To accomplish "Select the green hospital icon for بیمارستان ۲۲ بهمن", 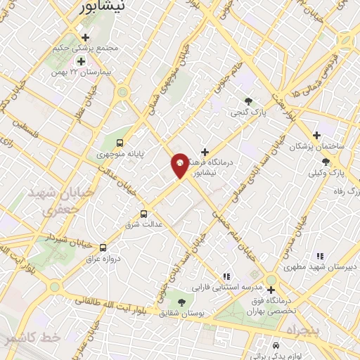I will [81, 62].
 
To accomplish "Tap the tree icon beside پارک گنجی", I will [247, 101].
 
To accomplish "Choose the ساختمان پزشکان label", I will [316, 146].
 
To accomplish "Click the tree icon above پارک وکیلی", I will [324, 161].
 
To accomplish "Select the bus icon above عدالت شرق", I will [144, 214].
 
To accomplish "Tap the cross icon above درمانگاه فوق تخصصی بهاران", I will [271, 289].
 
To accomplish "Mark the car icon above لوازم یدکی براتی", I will [276, 346].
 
